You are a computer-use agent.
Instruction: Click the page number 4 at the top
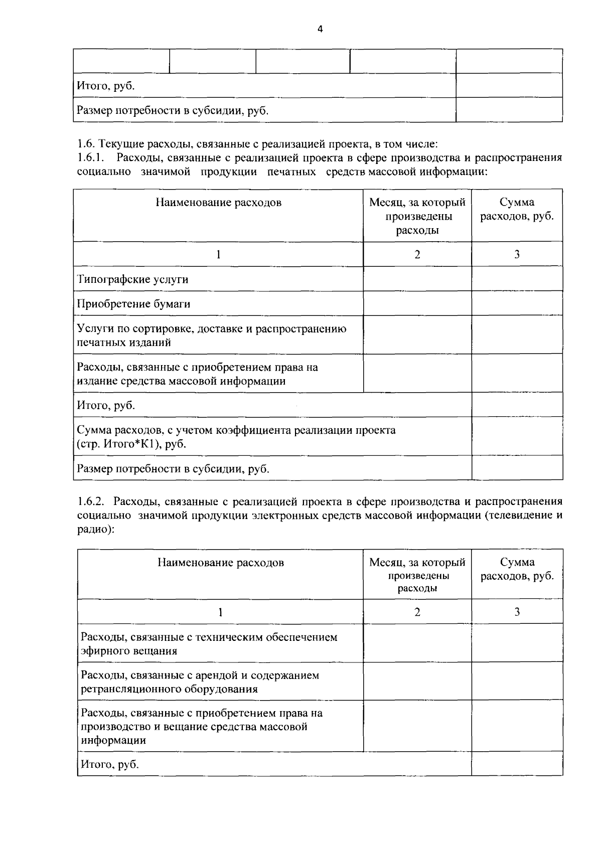pyautogui.click(x=320, y=29)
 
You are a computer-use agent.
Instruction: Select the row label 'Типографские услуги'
pyautogui.click(x=133, y=279)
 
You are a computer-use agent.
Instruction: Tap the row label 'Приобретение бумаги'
pyautogui.click(x=133, y=304)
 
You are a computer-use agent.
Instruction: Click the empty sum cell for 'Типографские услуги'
pyautogui.click(x=517, y=279)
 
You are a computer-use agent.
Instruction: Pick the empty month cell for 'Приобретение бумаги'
pyautogui.click(x=417, y=303)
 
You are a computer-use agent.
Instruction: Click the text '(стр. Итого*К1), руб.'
pyautogui.click(x=131, y=444)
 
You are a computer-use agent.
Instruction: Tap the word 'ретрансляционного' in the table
pyautogui.click(x=128, y=689)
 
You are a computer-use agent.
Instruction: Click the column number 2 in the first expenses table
pyautogui.click(x=417, y=254)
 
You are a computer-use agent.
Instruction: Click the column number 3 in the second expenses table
pyautogui.click(x=517, y=611)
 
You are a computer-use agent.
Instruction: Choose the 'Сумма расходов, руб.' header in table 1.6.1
pyautogui.click(x=517, y=210)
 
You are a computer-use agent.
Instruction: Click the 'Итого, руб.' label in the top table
pyautogui.click(x=105, y=86)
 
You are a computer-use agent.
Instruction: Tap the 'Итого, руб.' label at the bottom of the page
pyautogui.click(x=110, y=764)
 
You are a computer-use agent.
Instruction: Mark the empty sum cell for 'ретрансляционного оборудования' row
pyautogui.click(x=517, y=682)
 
